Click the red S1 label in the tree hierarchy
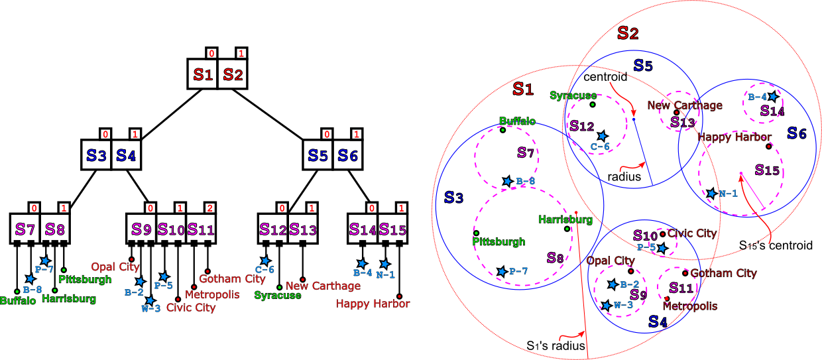point(203,75)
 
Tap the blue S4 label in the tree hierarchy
point(126,156)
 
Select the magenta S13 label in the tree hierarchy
point(303,230)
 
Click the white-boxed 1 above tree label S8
point(64,208)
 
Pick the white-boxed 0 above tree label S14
point(372,208)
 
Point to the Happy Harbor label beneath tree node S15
point(373,304)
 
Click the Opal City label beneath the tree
point(115,267)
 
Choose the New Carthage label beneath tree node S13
point(323,286)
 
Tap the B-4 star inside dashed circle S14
point(773,97)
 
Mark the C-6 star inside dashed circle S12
point(602,136)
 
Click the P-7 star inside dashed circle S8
point(502,272)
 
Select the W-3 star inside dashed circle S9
point(606,306)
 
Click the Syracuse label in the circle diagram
point(573,95)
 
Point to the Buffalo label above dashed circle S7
point(517,121)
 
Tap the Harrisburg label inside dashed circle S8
point(565,219)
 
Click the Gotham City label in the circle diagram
point(723,273)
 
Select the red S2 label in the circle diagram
point(628,33)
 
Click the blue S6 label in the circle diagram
point(797,133)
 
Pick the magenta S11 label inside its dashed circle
point(681,288)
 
